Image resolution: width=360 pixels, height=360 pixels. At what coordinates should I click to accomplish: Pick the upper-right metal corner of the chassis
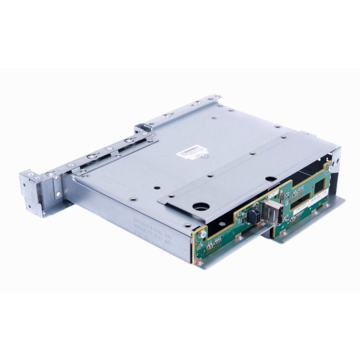[x=337, y=151]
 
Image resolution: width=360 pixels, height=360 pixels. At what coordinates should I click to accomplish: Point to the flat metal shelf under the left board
[x=226, y=257]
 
